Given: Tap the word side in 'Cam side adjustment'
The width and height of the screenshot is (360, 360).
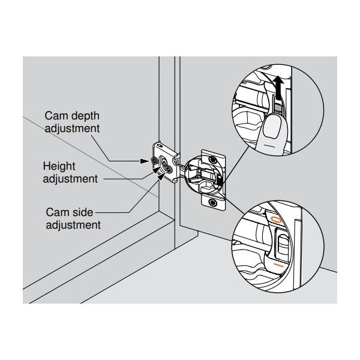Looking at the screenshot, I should (x=80, y=212).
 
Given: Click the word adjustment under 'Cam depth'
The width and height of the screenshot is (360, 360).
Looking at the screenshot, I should (x=73, y=128).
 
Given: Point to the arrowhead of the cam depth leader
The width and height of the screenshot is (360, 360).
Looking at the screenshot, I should (x=148, y=160).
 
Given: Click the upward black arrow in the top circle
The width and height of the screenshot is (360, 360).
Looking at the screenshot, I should (x=277, y=85).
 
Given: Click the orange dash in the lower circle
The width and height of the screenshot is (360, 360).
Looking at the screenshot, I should (x=277, y=264).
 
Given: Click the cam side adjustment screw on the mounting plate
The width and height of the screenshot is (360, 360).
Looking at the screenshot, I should (x=168, y=170).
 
